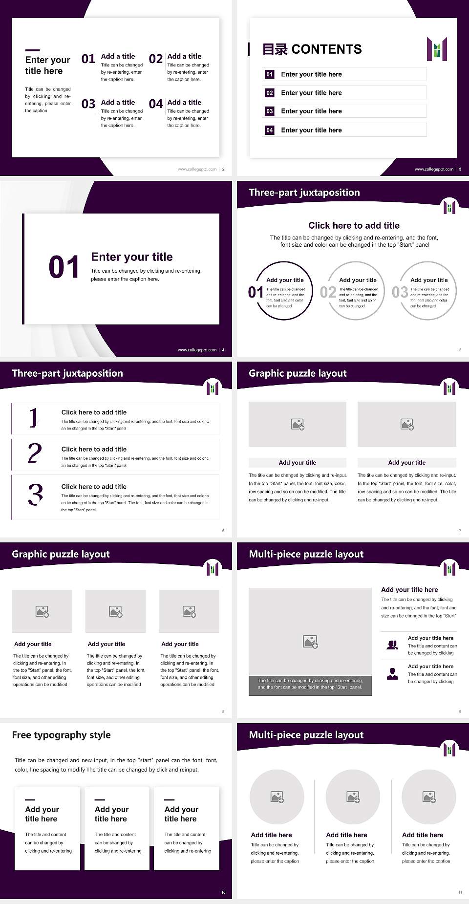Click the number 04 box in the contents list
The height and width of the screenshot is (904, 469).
270,130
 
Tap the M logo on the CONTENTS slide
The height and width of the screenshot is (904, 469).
437,49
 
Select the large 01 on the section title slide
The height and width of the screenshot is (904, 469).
64,267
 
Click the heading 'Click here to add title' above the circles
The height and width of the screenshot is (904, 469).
354,225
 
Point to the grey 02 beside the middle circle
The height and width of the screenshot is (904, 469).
328,292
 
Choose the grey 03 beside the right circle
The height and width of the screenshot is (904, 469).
400,292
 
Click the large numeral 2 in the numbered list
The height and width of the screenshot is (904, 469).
35,453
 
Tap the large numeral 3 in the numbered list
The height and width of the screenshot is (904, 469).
35,495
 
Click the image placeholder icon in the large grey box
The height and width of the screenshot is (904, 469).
310,642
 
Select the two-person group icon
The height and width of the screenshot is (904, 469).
392,645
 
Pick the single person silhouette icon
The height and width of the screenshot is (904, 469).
392,674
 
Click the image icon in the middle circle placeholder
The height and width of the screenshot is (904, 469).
353,797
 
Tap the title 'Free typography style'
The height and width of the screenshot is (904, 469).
62,735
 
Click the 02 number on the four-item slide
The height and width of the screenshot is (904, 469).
156,59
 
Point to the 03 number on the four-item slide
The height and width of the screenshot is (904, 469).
88,104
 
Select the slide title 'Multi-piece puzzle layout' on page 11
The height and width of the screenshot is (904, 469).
306,735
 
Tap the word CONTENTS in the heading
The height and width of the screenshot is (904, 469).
326,49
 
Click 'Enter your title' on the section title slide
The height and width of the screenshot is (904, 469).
132,257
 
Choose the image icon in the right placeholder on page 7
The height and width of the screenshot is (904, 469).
407,424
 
